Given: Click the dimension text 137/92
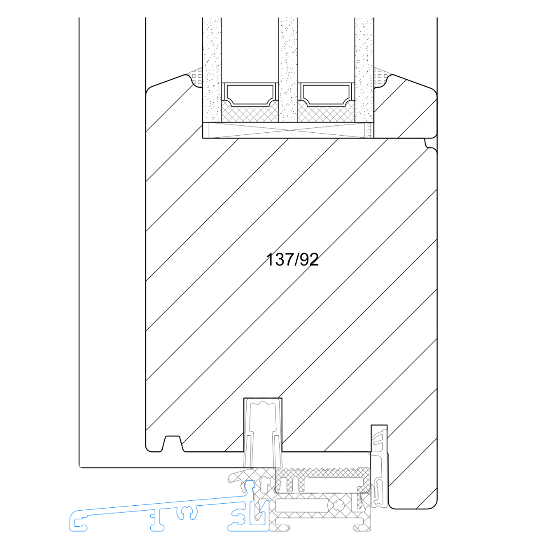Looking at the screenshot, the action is pyautogui.click(x=292, y=260).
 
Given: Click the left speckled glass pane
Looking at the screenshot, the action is pyautogui.click(x=212, y=70).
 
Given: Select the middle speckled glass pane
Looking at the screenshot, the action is pyautogui.click(x=288, y=70).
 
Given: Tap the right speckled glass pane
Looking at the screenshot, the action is pyautogui.click(x=364, y=70).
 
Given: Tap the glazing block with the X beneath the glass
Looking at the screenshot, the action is pyautogui.click(x=288, y=130).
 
